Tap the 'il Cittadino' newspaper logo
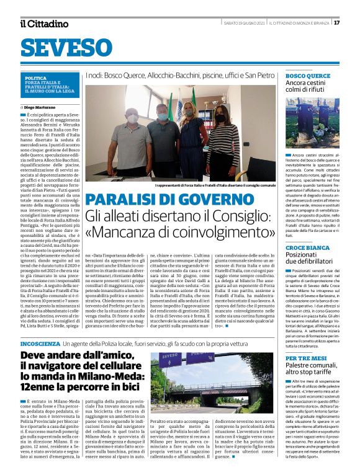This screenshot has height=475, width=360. point(44,24)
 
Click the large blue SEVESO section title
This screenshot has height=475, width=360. point(61,47)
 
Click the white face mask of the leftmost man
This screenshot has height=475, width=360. point(132,118)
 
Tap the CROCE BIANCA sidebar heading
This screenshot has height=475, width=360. point(308,247)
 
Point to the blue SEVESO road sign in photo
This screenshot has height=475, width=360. point(162,363)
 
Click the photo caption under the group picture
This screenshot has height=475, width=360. point(215,185)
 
